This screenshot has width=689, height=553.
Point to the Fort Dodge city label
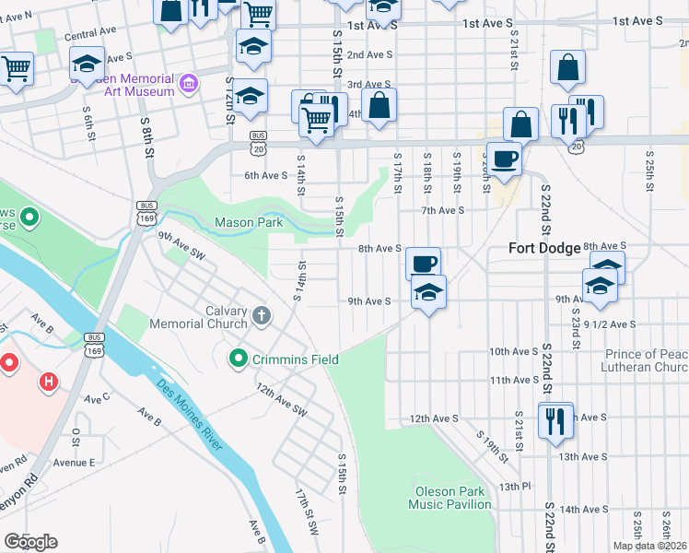click(545, 249)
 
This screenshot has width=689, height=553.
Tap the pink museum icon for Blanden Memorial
click(189, 85)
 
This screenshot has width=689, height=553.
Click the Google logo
click(30, 542)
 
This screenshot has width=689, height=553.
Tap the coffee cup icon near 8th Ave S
click(424, 264)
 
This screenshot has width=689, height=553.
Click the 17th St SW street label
click(306, 514)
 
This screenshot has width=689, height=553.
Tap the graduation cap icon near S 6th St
click(88, 65)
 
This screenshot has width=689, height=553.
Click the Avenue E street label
click(74, 463)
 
